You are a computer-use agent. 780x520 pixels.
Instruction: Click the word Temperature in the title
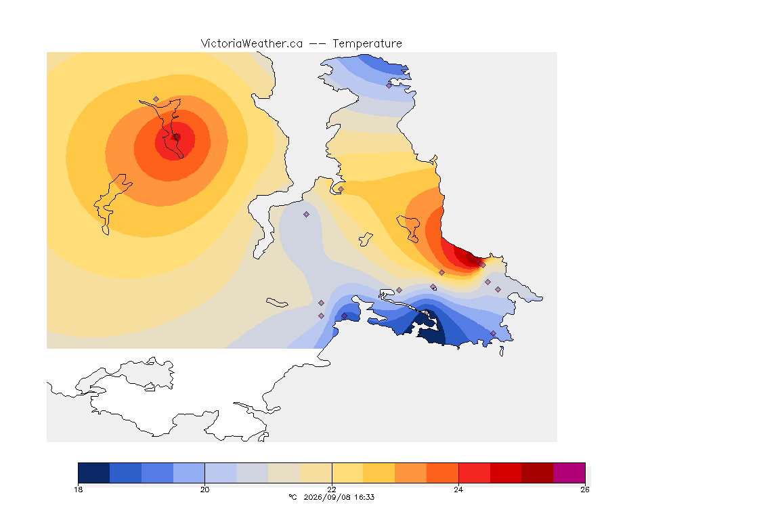click(x=367, y=44)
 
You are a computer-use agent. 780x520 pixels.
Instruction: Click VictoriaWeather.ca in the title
click(x=252, y=44)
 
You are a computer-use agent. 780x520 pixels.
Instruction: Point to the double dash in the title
click(x=318, y=44)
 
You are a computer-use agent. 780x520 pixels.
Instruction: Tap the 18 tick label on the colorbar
click(x=78, y=490)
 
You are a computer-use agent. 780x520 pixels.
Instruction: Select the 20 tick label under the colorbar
click(x=205, y=490)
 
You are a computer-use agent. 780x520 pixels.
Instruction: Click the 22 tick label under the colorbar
click(x=332, y=490)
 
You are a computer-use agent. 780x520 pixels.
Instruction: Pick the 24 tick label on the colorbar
click(x=458, y=490)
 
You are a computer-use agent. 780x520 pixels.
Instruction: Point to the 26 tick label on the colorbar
click(x=585, y=490)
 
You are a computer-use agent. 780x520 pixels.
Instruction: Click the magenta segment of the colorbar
click(x=569, y=473)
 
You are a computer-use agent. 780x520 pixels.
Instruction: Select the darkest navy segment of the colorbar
click(x=94, y=473)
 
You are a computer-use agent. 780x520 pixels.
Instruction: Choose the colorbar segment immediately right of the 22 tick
click(x=348, y=473)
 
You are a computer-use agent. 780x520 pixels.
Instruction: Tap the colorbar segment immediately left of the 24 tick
click(x=443, y=473)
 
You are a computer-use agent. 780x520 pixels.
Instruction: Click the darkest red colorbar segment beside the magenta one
click(x=537, y=473)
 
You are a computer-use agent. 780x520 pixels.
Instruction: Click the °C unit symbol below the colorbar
click(x=292, y=497)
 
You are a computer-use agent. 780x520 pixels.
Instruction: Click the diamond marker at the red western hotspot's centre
click(x=176, y=137)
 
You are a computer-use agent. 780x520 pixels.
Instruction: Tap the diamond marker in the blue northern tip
click(x=389, y=85)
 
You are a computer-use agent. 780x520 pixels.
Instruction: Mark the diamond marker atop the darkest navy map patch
click(x=427, y=313)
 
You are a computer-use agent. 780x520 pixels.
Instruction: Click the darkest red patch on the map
click(x=471, y=257)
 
